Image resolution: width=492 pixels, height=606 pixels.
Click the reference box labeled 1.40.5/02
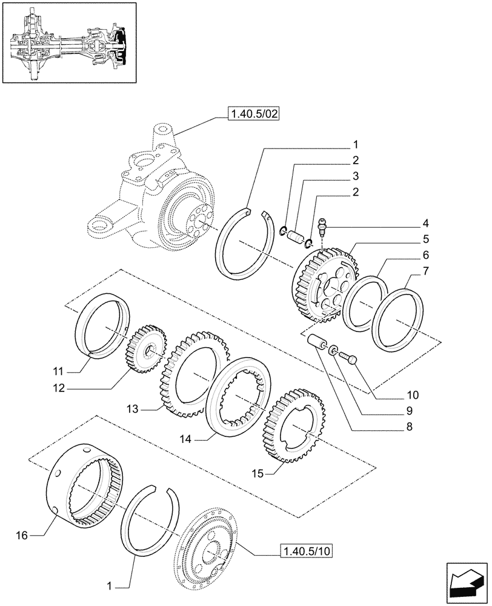point(253,114)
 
